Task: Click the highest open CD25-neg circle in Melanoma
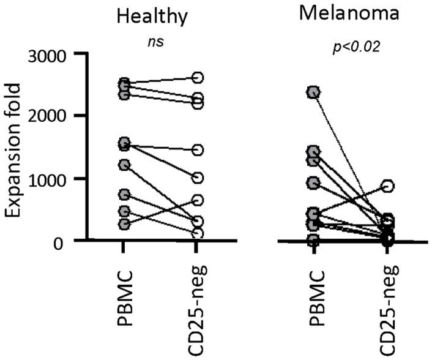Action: pos(387,186)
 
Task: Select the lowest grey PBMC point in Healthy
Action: pos(124,224)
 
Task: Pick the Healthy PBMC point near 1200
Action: pos(124,165)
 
